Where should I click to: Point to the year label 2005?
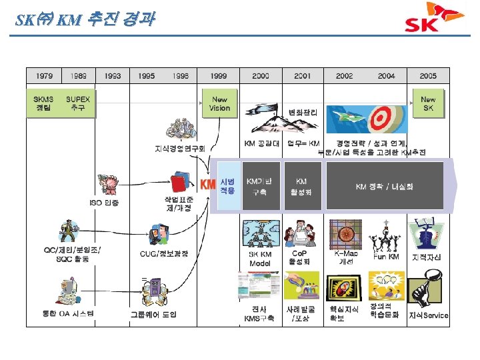[429, 76]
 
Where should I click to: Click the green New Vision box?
[219, 103]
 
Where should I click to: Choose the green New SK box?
[427, 103]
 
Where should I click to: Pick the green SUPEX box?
[79, 103]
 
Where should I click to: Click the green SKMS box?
[44, 103]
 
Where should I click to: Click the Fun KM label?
[387, 257]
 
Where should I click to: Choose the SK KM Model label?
[260, 259]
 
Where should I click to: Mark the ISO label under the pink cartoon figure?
[105, 203]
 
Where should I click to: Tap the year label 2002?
[345, 76]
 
